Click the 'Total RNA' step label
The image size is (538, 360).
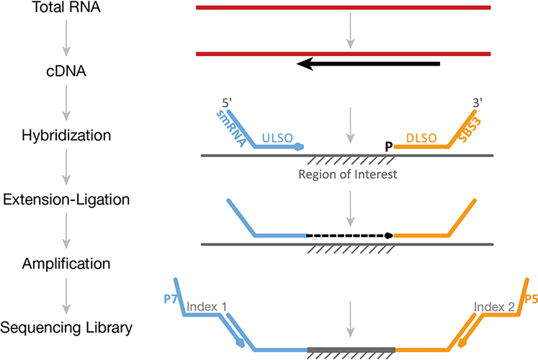pyautogui.click(x=66, y=9)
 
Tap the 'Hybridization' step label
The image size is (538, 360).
pyautogui.click(x=66, y=134)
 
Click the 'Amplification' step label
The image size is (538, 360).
pyautogui.click(x=66, y=264)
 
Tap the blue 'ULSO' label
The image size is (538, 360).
pyautogui.click(x=277, y=132)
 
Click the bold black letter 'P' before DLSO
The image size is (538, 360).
pyautogui.click(x=390, y=147)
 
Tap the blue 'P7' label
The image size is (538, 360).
pyautogui.click(x=171, y=296)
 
